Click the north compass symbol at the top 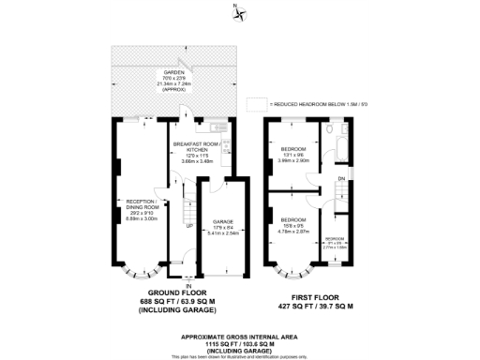(x=241, y=13)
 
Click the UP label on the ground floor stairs (x=189, y=226)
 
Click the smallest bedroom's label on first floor (x=336, y=239)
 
